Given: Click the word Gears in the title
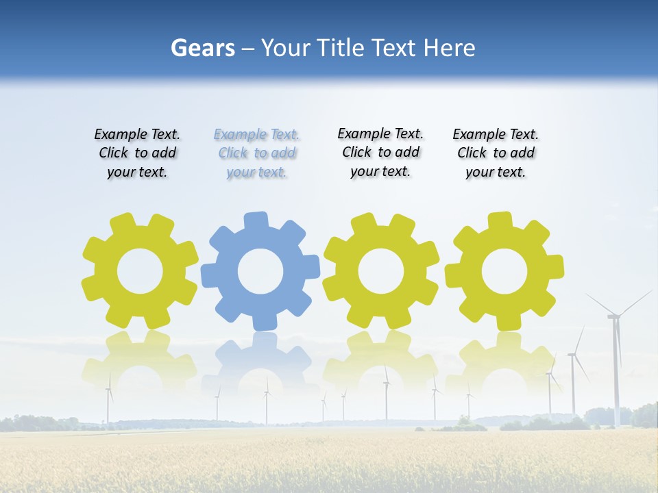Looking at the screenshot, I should (202, 49).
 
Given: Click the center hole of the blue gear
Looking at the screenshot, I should (260, 271).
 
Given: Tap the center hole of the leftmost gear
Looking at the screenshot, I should (140, 271).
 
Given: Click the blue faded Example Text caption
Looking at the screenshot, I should (256, 153).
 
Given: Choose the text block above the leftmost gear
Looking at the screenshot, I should (137, 153).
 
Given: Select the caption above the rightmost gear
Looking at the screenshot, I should (496, 153).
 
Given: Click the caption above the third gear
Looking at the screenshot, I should (380, 152).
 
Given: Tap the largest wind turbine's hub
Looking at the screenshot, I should (614, 316).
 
